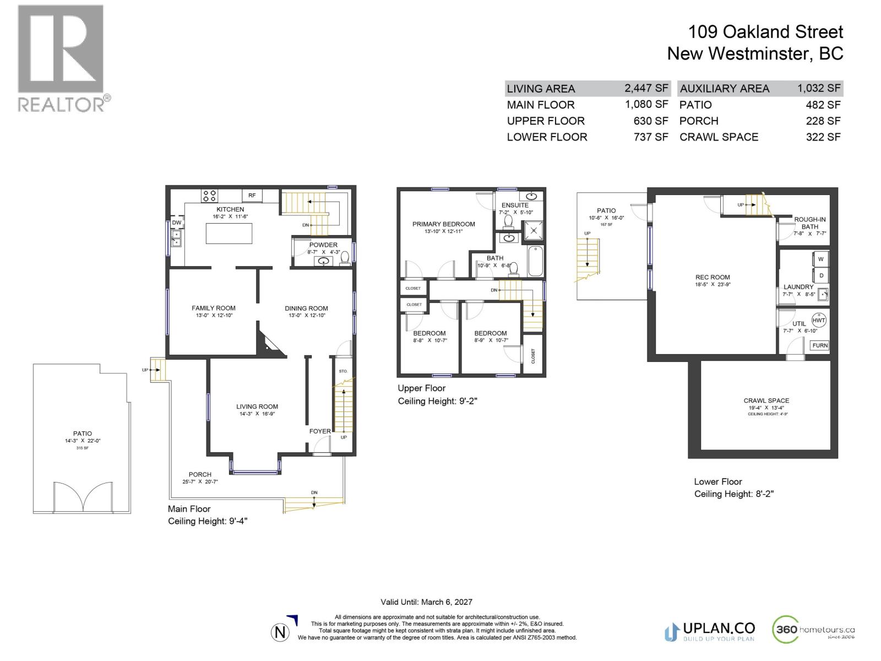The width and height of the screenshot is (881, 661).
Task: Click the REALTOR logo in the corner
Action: pos(61,58)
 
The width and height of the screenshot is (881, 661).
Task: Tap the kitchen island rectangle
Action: pos(229,233)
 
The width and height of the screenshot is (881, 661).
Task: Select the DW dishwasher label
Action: pos(177,223)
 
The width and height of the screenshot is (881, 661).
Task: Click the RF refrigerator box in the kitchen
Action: pos(252,196)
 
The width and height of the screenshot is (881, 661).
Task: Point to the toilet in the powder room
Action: pos(345,258)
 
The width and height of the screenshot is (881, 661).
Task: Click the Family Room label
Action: pos(214,308)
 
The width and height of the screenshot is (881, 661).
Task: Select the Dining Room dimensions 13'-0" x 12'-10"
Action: pos(307,316)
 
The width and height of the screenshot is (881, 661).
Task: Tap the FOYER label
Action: pos(320,431)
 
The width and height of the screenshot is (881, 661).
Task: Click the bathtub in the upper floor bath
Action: pos(535,261)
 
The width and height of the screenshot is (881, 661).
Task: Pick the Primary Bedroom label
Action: pos(444,224)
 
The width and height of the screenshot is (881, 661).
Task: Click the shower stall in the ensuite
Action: pos(532,231)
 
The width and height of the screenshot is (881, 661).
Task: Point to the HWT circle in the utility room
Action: pos(819,320)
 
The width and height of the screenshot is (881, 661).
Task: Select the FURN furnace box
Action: pos(820,345)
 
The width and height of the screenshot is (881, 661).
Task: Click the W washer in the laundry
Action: pos(820,259)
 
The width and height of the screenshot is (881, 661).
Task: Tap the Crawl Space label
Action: pos(766,400)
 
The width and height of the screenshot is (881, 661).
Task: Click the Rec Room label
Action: pos(713,278)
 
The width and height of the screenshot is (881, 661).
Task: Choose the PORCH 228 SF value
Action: pos(823,121)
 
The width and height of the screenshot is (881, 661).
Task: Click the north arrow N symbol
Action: pos(280,632)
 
